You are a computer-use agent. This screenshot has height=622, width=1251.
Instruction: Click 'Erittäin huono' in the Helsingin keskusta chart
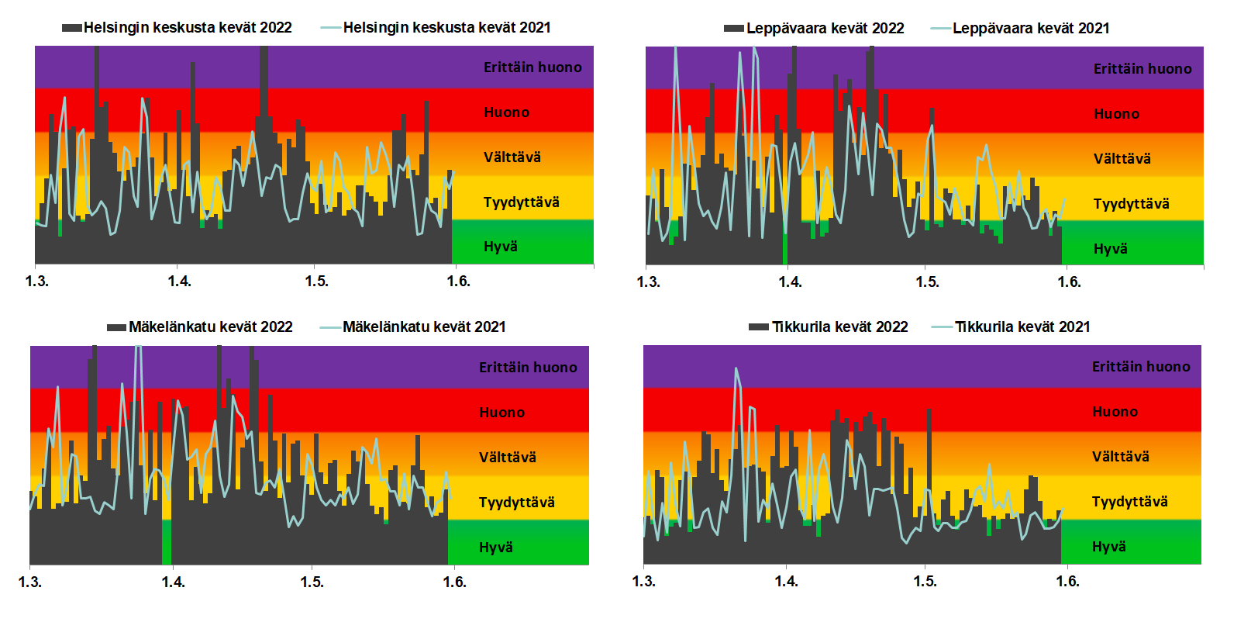[x=532, y=67]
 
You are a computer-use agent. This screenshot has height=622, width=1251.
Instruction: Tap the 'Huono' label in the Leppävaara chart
[x=1116, y=114]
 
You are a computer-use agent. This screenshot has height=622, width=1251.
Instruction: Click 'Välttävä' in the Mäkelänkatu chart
[x=507, y=458]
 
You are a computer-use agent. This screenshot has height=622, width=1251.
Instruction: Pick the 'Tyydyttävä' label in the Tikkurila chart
[x=1129, y=502]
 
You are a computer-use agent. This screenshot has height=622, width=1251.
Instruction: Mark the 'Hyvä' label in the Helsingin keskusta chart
[x=500, y=247]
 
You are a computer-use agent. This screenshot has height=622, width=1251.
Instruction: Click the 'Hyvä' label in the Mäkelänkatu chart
[x=495, y=548]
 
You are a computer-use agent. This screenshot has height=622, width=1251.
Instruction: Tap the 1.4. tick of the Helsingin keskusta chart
[x=179, y=281]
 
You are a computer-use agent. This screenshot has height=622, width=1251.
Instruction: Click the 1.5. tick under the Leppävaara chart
[x=927, y=282]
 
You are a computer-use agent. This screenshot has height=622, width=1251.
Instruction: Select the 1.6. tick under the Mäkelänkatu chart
[x=454, y=582]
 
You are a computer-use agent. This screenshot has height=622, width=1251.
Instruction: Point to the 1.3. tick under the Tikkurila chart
[x=643, y=581]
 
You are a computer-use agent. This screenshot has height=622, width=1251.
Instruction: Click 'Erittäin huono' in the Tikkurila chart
[x=1141, y=367]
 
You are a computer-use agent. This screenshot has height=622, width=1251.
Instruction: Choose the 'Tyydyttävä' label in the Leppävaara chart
[x=1131, y=204]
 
